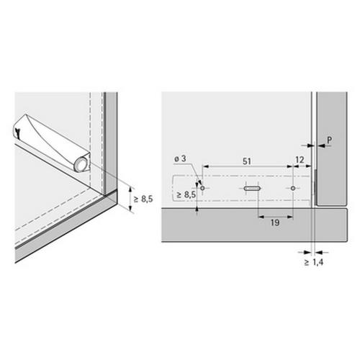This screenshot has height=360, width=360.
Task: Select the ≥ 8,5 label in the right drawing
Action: (186, 194)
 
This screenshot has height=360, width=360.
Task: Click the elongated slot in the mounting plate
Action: (249, 188)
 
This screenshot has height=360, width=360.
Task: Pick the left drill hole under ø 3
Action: (203, 187)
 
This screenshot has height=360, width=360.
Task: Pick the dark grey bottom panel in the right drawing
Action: (245, 224)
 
